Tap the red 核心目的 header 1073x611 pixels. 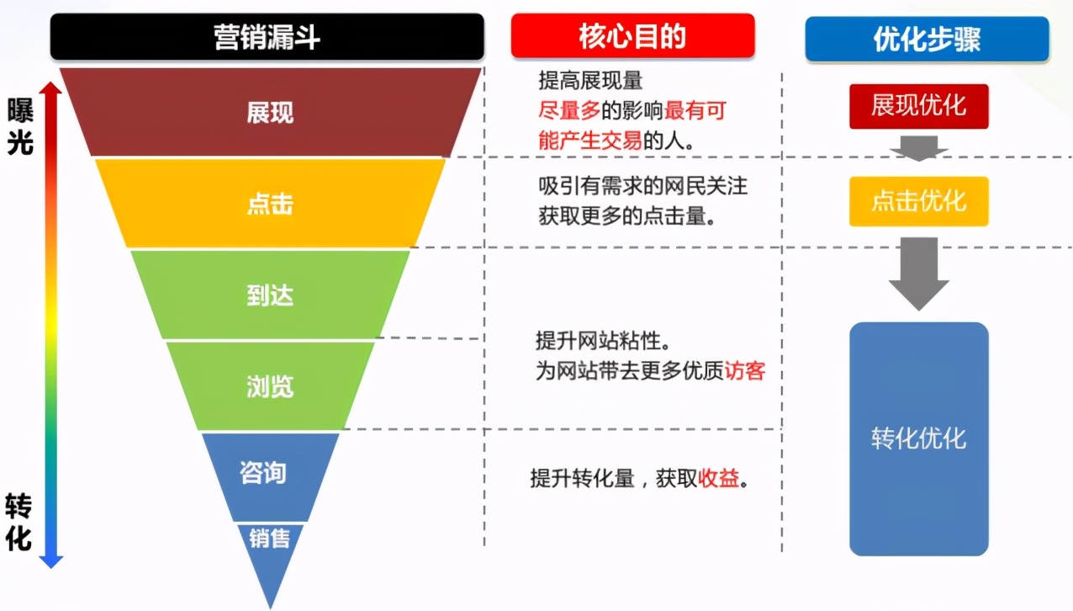632,37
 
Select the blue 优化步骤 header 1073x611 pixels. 927,40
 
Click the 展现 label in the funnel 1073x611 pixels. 270,113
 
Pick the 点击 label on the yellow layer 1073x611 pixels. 270,205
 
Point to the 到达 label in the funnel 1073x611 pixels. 270,296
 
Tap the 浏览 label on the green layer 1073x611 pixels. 270,386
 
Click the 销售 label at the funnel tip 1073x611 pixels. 269,538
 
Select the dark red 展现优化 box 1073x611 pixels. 918,106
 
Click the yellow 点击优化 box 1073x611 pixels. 918,201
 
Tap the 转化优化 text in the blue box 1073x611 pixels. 918,438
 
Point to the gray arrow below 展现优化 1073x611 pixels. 918,148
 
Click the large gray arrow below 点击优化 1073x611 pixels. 918,273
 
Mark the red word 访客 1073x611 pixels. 744,371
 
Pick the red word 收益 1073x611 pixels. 718,479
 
